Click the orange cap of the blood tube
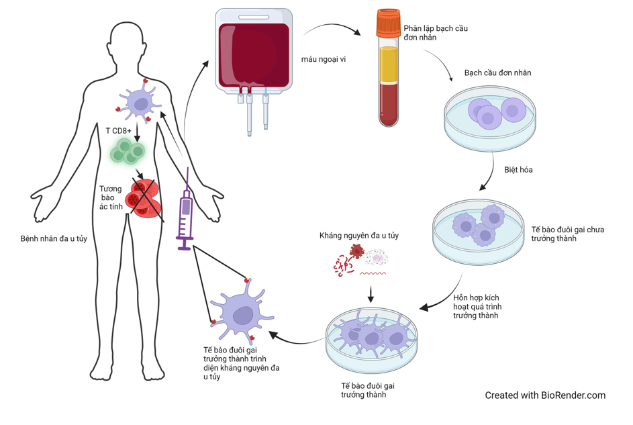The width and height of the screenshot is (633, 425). click(389, 24)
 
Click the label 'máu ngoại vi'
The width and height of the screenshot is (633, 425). click(324, 59)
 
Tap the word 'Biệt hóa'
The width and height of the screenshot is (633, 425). click(518, 170)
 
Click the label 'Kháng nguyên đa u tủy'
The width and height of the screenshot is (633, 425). click(359, 236)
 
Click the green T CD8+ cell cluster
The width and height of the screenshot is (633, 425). click(127, 151)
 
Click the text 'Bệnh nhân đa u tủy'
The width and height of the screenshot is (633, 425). click(54, 238)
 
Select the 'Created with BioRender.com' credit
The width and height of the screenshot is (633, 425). click(545, 395)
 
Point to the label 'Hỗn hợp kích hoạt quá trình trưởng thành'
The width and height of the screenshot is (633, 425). click(477, 306)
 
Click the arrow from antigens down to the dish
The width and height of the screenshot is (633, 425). click(371, 293)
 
